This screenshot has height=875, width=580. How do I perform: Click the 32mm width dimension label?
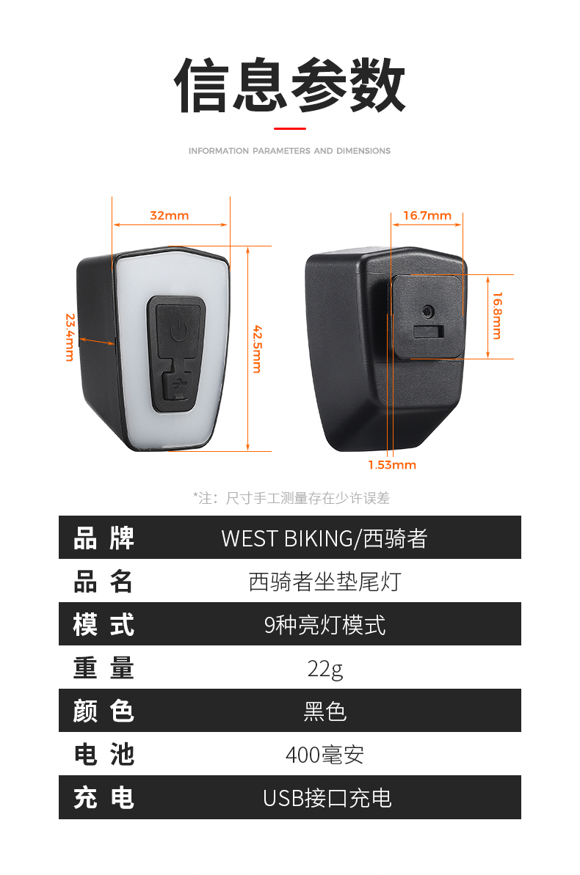pyautogui.click(x=170, y=216)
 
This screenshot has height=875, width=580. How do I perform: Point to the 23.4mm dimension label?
pyautogui.click(x=70, y=337)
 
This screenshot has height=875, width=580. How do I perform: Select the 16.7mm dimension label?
pyautogui.click(x=427, y=216)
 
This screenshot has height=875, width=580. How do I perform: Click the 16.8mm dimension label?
pyautogui.click(x=497, y=315)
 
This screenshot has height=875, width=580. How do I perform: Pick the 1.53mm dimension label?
pyautogui.click(x=392, y=465)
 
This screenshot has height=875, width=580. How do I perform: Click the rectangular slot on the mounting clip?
pyautogui.click(x=429, y=332)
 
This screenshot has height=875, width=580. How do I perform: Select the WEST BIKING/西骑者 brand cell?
pyautogui.click(x=324, y=538)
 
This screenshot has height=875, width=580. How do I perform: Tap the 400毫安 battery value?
pyautogui.click(x=325, y=755)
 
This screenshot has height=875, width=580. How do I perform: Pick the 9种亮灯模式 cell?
pyautogui.click(x=325, y=625)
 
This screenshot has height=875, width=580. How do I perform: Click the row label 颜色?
pyautogui.click(x=104, y=711)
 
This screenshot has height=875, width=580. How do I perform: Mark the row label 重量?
pyautogui.click(x=104, y=668)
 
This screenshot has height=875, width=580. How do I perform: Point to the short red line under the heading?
pyautogui.click(x=289, y=128)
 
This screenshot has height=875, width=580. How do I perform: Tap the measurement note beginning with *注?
pyautogui.click(x=291, y=499)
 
